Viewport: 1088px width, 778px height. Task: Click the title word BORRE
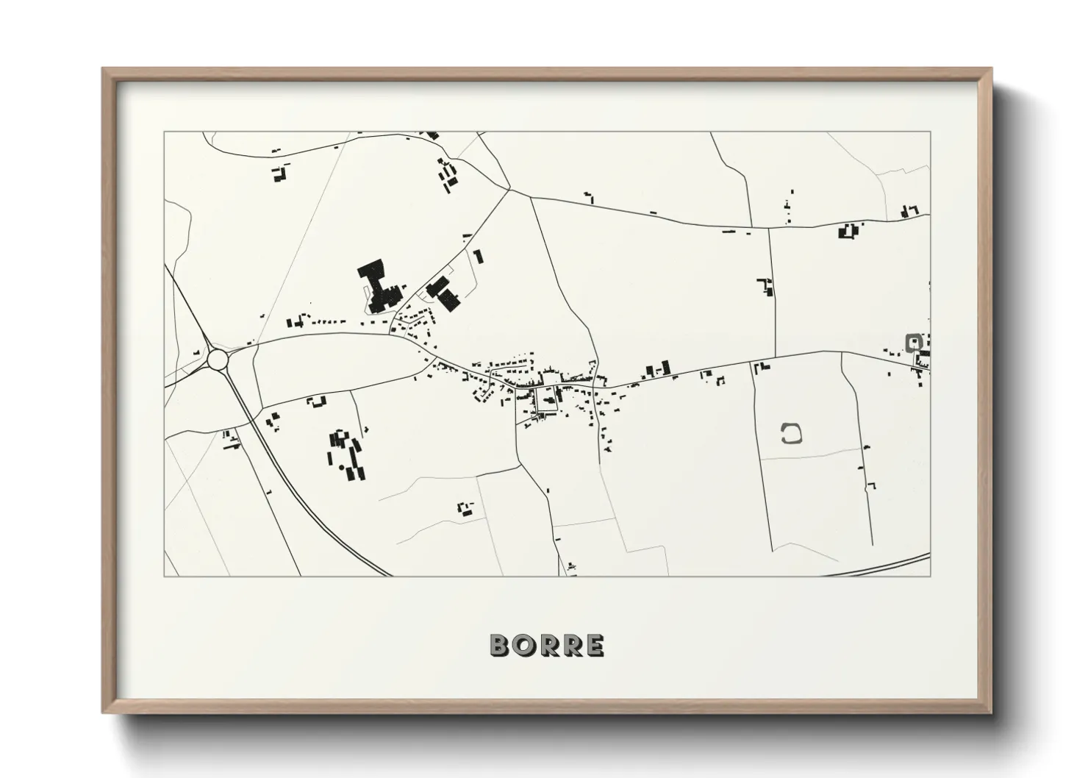[547, 645]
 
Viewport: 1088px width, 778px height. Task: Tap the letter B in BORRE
[500, 645]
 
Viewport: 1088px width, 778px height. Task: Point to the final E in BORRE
[595, 645]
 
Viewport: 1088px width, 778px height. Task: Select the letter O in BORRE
[523, 645]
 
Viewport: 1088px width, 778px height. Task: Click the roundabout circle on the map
[218, 360]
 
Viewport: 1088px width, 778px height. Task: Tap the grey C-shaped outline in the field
[790, 433]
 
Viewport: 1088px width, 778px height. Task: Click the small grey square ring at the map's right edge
[914, 341]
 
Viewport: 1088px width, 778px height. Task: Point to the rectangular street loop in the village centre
[547, 399]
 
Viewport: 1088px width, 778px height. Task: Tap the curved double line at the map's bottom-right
[882, 565]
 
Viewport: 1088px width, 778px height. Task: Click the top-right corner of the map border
[930, 132]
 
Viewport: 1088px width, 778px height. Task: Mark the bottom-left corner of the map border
[164, 576]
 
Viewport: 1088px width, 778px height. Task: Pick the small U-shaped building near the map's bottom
[465, 508]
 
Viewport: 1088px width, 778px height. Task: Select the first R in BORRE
[548, 645]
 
